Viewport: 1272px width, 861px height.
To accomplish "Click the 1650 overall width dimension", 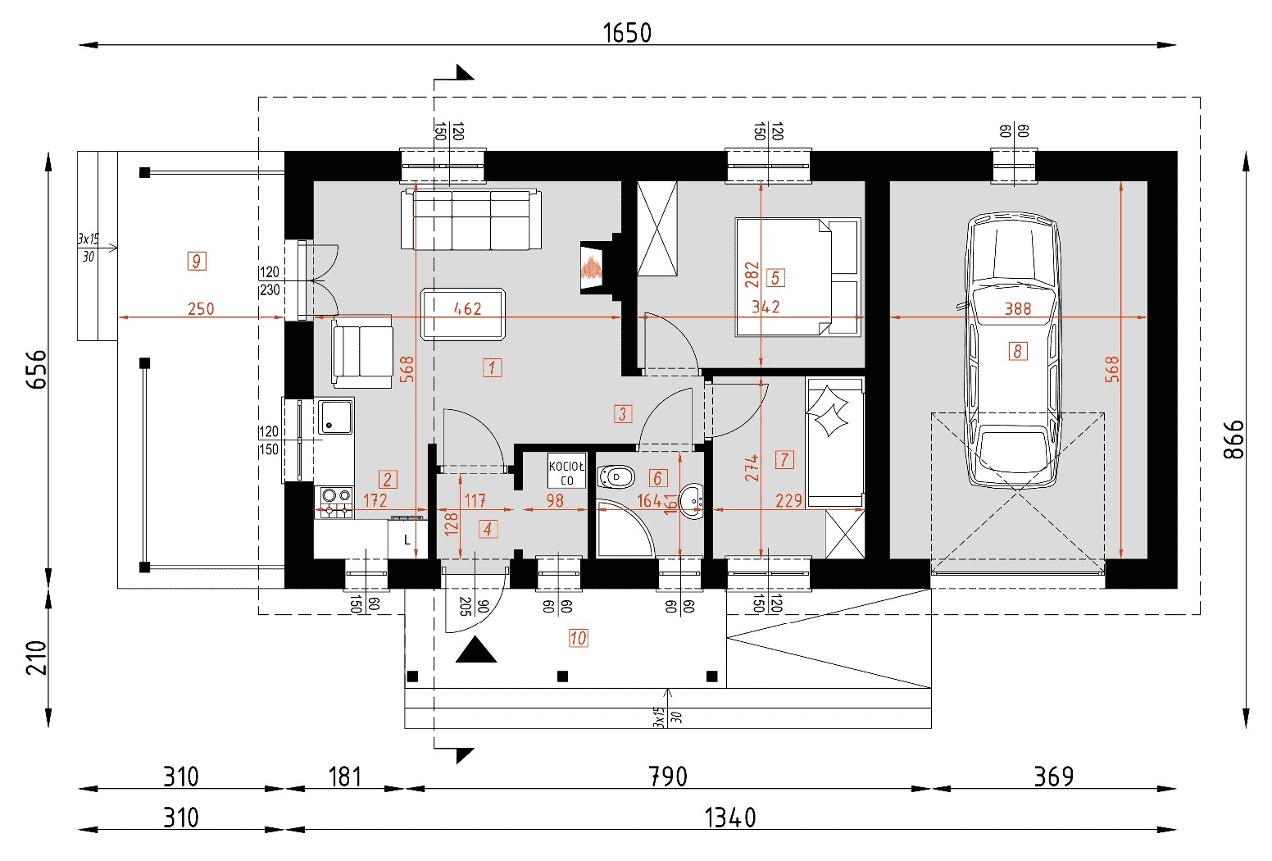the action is pos(627,33).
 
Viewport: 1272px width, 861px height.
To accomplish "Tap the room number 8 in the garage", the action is pos(1018,351).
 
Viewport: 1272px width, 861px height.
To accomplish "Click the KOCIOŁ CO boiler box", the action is pos(566,471).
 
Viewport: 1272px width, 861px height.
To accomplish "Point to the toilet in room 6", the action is pos(616,476).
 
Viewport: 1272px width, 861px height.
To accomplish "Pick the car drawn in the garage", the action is pos(1013,350).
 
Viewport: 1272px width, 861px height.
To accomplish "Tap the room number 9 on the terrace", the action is pos(197,262).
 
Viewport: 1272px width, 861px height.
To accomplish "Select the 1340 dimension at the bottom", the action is pos(730,818).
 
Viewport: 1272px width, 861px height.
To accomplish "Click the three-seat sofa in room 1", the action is pos(470,220).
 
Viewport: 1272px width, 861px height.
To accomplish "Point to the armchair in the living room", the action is pos(362,353).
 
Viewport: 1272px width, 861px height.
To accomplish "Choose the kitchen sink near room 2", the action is pos(335,417).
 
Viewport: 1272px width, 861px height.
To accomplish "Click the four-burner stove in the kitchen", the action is pos(335,503).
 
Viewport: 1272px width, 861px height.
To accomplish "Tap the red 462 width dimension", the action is pos(468,308).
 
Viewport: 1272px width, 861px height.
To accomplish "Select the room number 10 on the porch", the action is pos(578,638).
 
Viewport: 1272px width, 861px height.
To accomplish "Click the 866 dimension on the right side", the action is pos(1233,440).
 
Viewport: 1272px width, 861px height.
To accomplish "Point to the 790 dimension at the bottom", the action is pos(668,777).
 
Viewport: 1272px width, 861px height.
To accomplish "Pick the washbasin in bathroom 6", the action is pos(693,501).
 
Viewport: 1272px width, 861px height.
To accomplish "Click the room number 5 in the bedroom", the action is pos(775,278).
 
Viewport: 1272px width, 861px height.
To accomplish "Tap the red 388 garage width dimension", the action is pos(1018,308).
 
